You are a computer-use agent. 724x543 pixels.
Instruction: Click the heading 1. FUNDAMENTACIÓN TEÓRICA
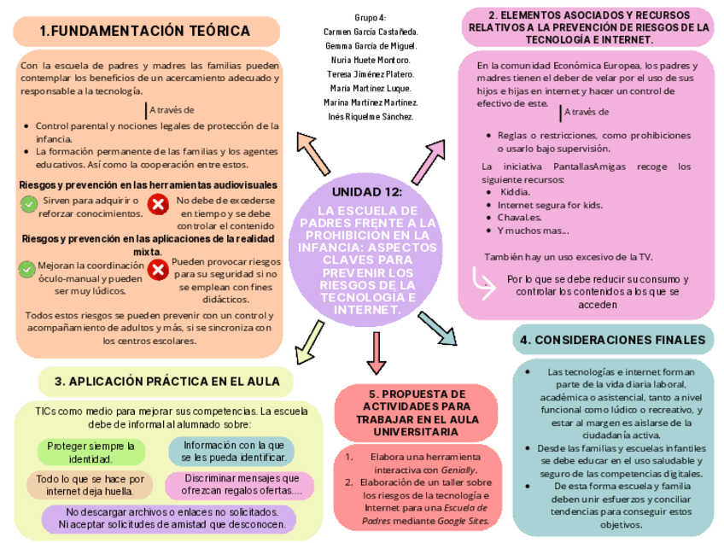tap(145, 32)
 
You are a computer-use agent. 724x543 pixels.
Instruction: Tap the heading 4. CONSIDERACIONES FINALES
tap(613, 340)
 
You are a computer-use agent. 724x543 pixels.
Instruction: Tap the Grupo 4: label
tap(371, 18)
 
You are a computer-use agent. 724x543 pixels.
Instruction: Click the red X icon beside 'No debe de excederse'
tap(158, 204)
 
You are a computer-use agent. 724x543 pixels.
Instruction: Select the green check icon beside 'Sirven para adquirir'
tap(27, 203)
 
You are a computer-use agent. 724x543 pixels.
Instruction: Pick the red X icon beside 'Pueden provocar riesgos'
tap(158, 270)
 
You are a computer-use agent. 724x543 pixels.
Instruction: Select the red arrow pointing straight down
tap(374, 352)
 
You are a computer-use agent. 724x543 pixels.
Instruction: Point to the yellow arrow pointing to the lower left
tap(307, 342)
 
